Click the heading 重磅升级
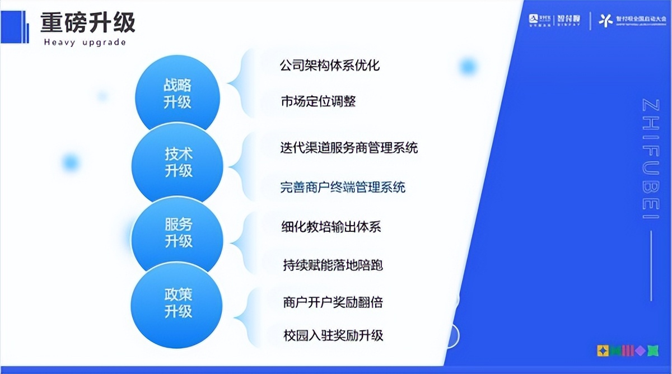[87, 23]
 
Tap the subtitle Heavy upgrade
[85, 43]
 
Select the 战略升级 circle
[178, 93]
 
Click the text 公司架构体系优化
[329, 66]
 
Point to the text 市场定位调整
[318, 102]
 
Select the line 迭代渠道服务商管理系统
[348, 148]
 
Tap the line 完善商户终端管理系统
[343, 187]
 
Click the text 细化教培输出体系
[331, 227]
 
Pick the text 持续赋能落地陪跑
[333, 265]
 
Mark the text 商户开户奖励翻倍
[333, 302]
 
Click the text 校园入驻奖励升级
[333, 336]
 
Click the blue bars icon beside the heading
[15, 26]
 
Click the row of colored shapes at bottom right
[627, 350]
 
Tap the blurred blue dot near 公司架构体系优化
[467, 67]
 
